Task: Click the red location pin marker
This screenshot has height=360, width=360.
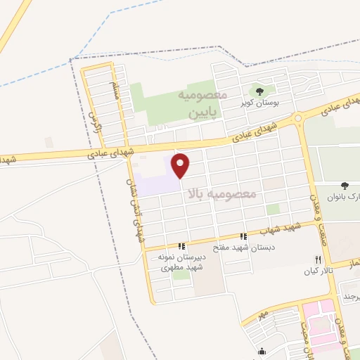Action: [181, 165]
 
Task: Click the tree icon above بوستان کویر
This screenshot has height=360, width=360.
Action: [259, 91]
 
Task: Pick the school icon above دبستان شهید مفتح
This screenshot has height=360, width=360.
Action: [243, 236]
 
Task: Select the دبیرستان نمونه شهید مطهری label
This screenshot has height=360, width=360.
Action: [182, 262]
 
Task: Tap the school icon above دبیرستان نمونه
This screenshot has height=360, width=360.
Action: [181, 246]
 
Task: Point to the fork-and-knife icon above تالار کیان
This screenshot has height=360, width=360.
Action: [318, 259]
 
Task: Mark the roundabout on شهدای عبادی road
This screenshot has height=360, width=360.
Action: [298, 117]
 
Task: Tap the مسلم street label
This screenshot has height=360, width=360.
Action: [115, 90]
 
